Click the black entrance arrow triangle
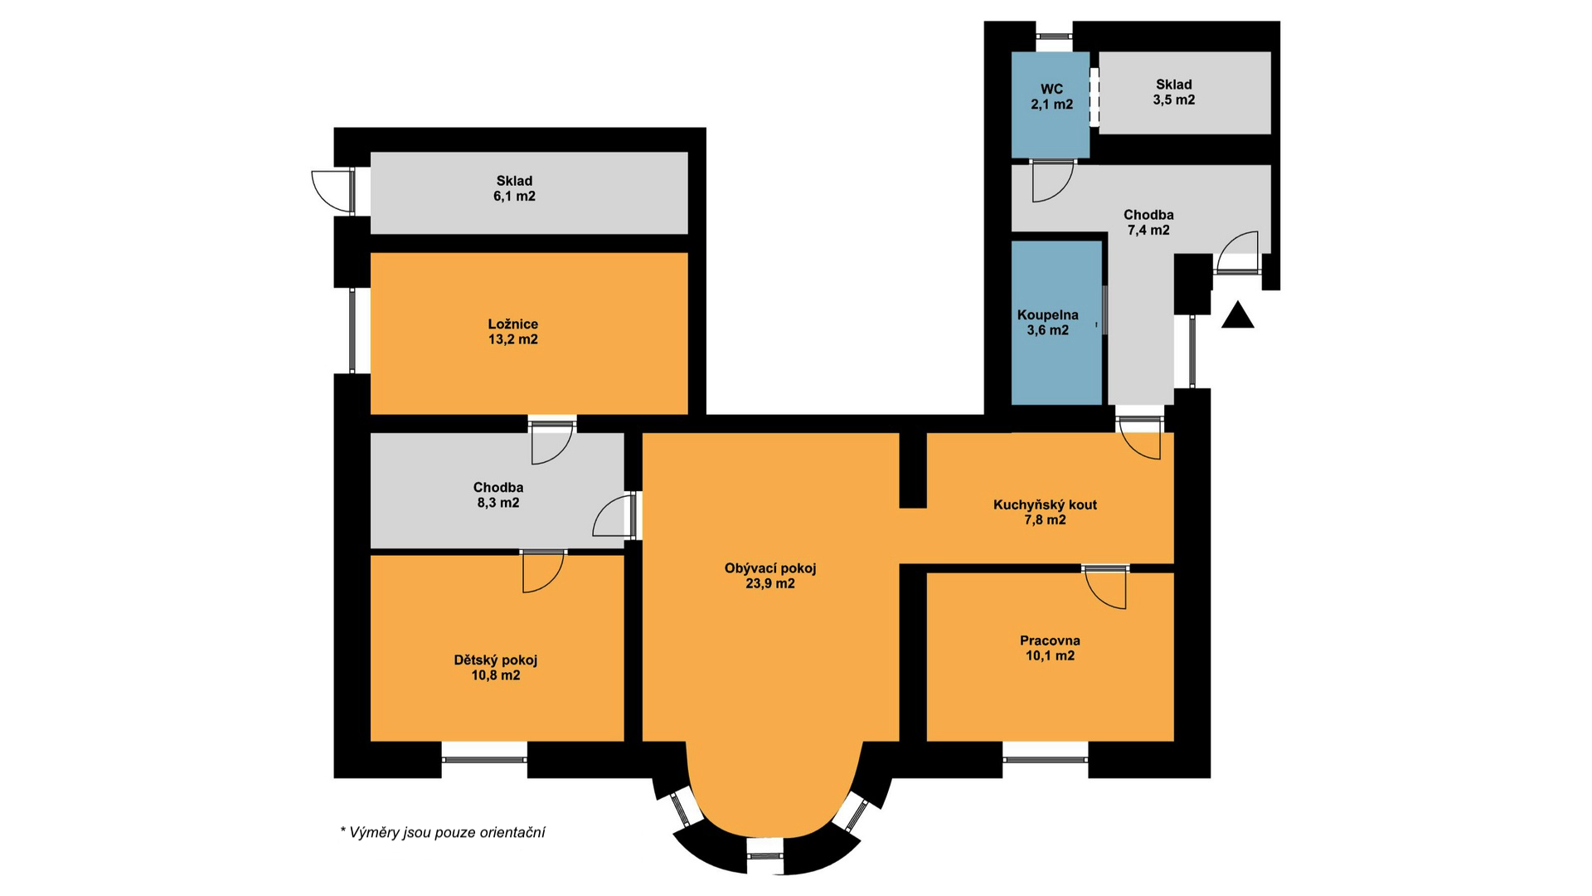pyautogui.click(x=1238, y=316)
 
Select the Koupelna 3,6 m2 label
pyautogui.click(x=1048, y=323)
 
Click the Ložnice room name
pyautogui.click(x=512, y=324)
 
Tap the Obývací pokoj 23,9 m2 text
pyautogui.click(x=770, y=576)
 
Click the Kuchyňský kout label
pyautogui.click(x=1045, y=504)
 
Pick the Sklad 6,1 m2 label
pyautogui.click(x=514, y=188)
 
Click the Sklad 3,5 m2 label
pyautogui.click(x=1173, y=92)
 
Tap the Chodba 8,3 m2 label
pyautogui.click(x=498, y=494)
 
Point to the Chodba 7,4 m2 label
pyautogui.click(x=1148, y=222)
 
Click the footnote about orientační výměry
pyautogui.click(x=443, y=832)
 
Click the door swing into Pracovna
pyautogui.click(x=1106, y=590)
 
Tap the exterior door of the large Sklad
pyautogui.click(x=332, y=192)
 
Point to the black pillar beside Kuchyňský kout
pyautogui.click(x=913, y=470)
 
